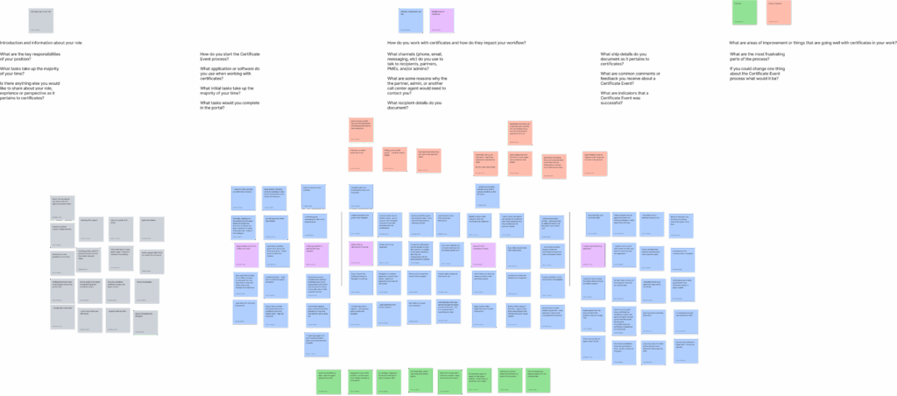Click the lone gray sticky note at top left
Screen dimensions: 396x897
pos(40,20)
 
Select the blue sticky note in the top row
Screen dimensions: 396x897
pos(411,20)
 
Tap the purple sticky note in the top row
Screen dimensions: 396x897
pos(442,20)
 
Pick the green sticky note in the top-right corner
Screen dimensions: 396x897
pos(744,12)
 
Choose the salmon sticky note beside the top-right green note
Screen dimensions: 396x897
pos(779,12)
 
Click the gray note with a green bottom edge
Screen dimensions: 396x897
pos(145,322)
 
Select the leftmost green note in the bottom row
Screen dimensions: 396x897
pos(328,381)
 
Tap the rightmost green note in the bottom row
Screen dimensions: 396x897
pos(537,380)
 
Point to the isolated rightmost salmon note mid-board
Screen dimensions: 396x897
pos(595,163)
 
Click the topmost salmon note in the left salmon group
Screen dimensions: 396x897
pos(361,130)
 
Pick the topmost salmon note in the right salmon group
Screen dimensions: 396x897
pos(519,132)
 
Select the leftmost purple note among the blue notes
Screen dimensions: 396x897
pos(246,256)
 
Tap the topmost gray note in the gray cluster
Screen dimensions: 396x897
pos(62,208)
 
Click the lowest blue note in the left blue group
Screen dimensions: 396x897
pos(316,344)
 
